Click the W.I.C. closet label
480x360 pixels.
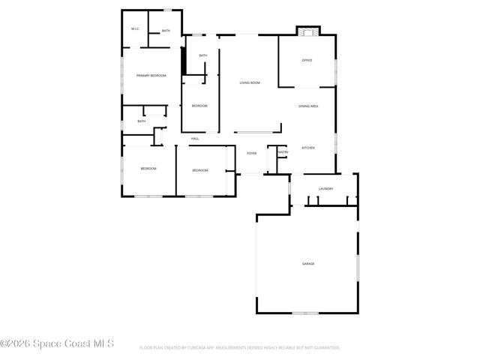click(x=135, y=29)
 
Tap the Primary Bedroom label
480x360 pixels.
click(x=151, y=76)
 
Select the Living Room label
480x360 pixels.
click(x=250, y=82)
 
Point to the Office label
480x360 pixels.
click(x=307, y=60)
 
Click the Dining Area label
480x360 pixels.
click(x=308, y=106)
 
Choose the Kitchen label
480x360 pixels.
click(x=308, y=148)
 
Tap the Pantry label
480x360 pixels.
click(x=283, y=152)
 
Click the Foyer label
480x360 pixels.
click(x=252, y=153)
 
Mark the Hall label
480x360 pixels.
click(x=195, y=139)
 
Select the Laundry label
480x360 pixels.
click(x=325, y=188)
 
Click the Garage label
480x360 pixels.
click(x=308, y=263)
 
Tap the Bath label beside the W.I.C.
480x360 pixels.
click(x=166, y=31)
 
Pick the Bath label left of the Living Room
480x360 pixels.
click(x=203, y=55)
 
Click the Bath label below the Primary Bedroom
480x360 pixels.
click(x=141, y=121)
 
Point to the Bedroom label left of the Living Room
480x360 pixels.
click(x=199, y=106)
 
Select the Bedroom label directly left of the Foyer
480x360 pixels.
click(x=199, y=170)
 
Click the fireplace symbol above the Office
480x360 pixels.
click(x=306, y=31)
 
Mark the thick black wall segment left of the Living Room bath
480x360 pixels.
click(x=184, y=61)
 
